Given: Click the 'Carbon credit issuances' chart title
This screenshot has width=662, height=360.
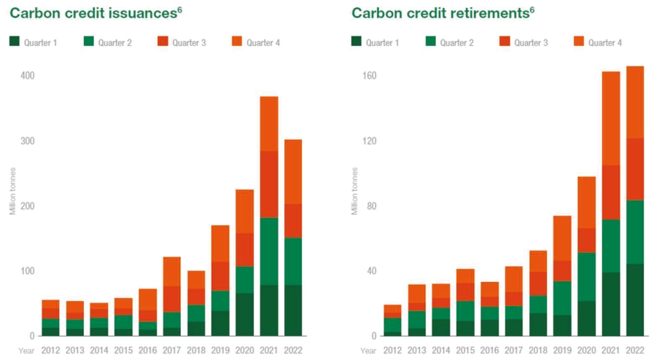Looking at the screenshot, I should point(91,13).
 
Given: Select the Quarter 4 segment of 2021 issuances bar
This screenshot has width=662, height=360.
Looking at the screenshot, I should point(269,123).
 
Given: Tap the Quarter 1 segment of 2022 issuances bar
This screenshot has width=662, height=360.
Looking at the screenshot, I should point(293,310).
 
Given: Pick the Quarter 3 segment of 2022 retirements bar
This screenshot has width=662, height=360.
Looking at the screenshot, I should point(634,169).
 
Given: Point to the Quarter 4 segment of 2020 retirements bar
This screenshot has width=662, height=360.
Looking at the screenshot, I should point(587,202).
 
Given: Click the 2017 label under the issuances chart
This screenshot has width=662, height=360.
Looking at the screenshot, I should point(172,351).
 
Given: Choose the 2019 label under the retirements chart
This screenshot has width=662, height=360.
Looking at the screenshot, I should point(561,351).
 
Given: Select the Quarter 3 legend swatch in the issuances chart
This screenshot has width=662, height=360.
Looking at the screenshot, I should point(162,43).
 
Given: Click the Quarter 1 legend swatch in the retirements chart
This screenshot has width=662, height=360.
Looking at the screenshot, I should point(357,43).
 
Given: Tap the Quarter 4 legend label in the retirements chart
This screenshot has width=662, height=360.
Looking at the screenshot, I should point(605,43).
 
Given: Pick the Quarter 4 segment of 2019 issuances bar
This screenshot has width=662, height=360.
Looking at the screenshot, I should point(221,243).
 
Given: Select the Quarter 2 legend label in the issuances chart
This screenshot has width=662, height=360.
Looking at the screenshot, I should point(117,43).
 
